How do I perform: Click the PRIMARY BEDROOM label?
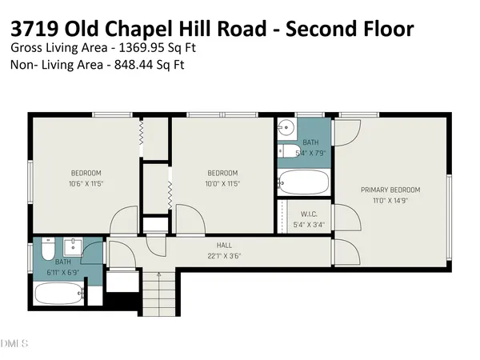[390, 190]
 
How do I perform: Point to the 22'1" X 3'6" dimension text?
[224, 256]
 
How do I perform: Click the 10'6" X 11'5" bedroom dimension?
[86, 184]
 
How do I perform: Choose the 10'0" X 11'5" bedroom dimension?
[222, 184]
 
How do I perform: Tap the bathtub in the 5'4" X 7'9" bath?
[304, 182]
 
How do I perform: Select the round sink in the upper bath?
[286, 127]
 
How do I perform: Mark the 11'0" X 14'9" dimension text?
[390, 200]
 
